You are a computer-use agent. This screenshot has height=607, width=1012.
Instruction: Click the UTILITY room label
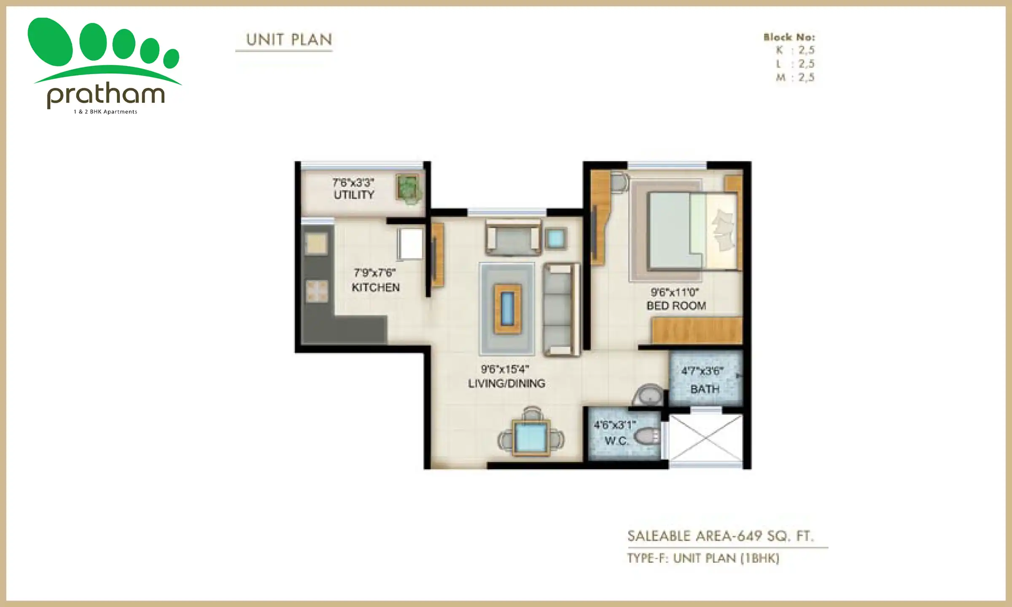click(354, 195)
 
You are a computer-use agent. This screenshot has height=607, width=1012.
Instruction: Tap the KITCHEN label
click(375, 287)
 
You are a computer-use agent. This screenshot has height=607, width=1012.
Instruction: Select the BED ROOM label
click(676, 306)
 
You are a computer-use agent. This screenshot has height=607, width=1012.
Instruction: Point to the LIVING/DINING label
click(506, 384)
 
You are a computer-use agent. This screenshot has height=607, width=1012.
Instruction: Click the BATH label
click(705, 389)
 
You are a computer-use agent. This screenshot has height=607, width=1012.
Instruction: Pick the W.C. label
click(616, 441)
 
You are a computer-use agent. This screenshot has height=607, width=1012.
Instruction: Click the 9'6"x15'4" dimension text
click(505, 370)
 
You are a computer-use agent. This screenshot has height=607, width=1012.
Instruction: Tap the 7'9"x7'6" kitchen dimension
click(374, 273)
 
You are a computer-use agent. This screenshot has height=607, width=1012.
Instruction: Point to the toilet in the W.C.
click(645, 436)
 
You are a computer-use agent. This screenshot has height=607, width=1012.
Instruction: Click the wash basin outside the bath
click(649, 395)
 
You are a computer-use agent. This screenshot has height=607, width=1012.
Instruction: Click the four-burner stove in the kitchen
click(316, 291)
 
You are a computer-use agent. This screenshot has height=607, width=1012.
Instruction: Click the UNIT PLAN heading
click(289, 40)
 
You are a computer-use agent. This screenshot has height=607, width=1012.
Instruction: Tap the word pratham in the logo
click(105, 95)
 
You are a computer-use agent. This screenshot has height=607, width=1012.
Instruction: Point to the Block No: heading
click(789, 37)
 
